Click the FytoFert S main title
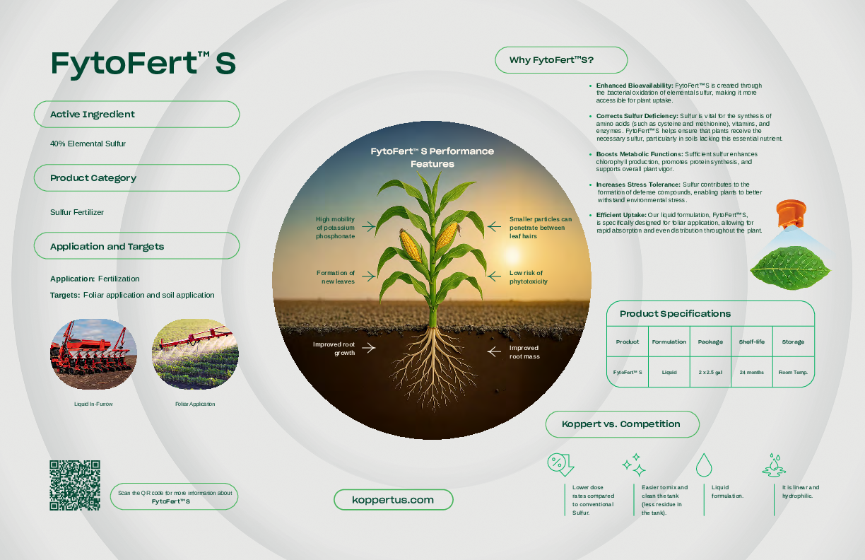click(143, 64)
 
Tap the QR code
click(74, 485)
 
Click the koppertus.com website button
click(393, 500)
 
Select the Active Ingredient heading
click(93, 115)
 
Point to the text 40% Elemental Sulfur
click(88, 144)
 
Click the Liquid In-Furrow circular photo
click(93, 354)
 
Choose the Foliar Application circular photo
click(195, 354)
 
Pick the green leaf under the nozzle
click(789, 268)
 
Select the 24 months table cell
click(751, 372)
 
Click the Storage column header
click(792, 342)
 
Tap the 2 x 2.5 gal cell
click(710, 372)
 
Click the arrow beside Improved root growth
click(367, 348)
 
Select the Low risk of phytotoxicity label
click(528, 277)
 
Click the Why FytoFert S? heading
click(551, 60)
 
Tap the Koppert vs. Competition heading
click(621, 424)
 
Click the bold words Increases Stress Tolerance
click(628, 185)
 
